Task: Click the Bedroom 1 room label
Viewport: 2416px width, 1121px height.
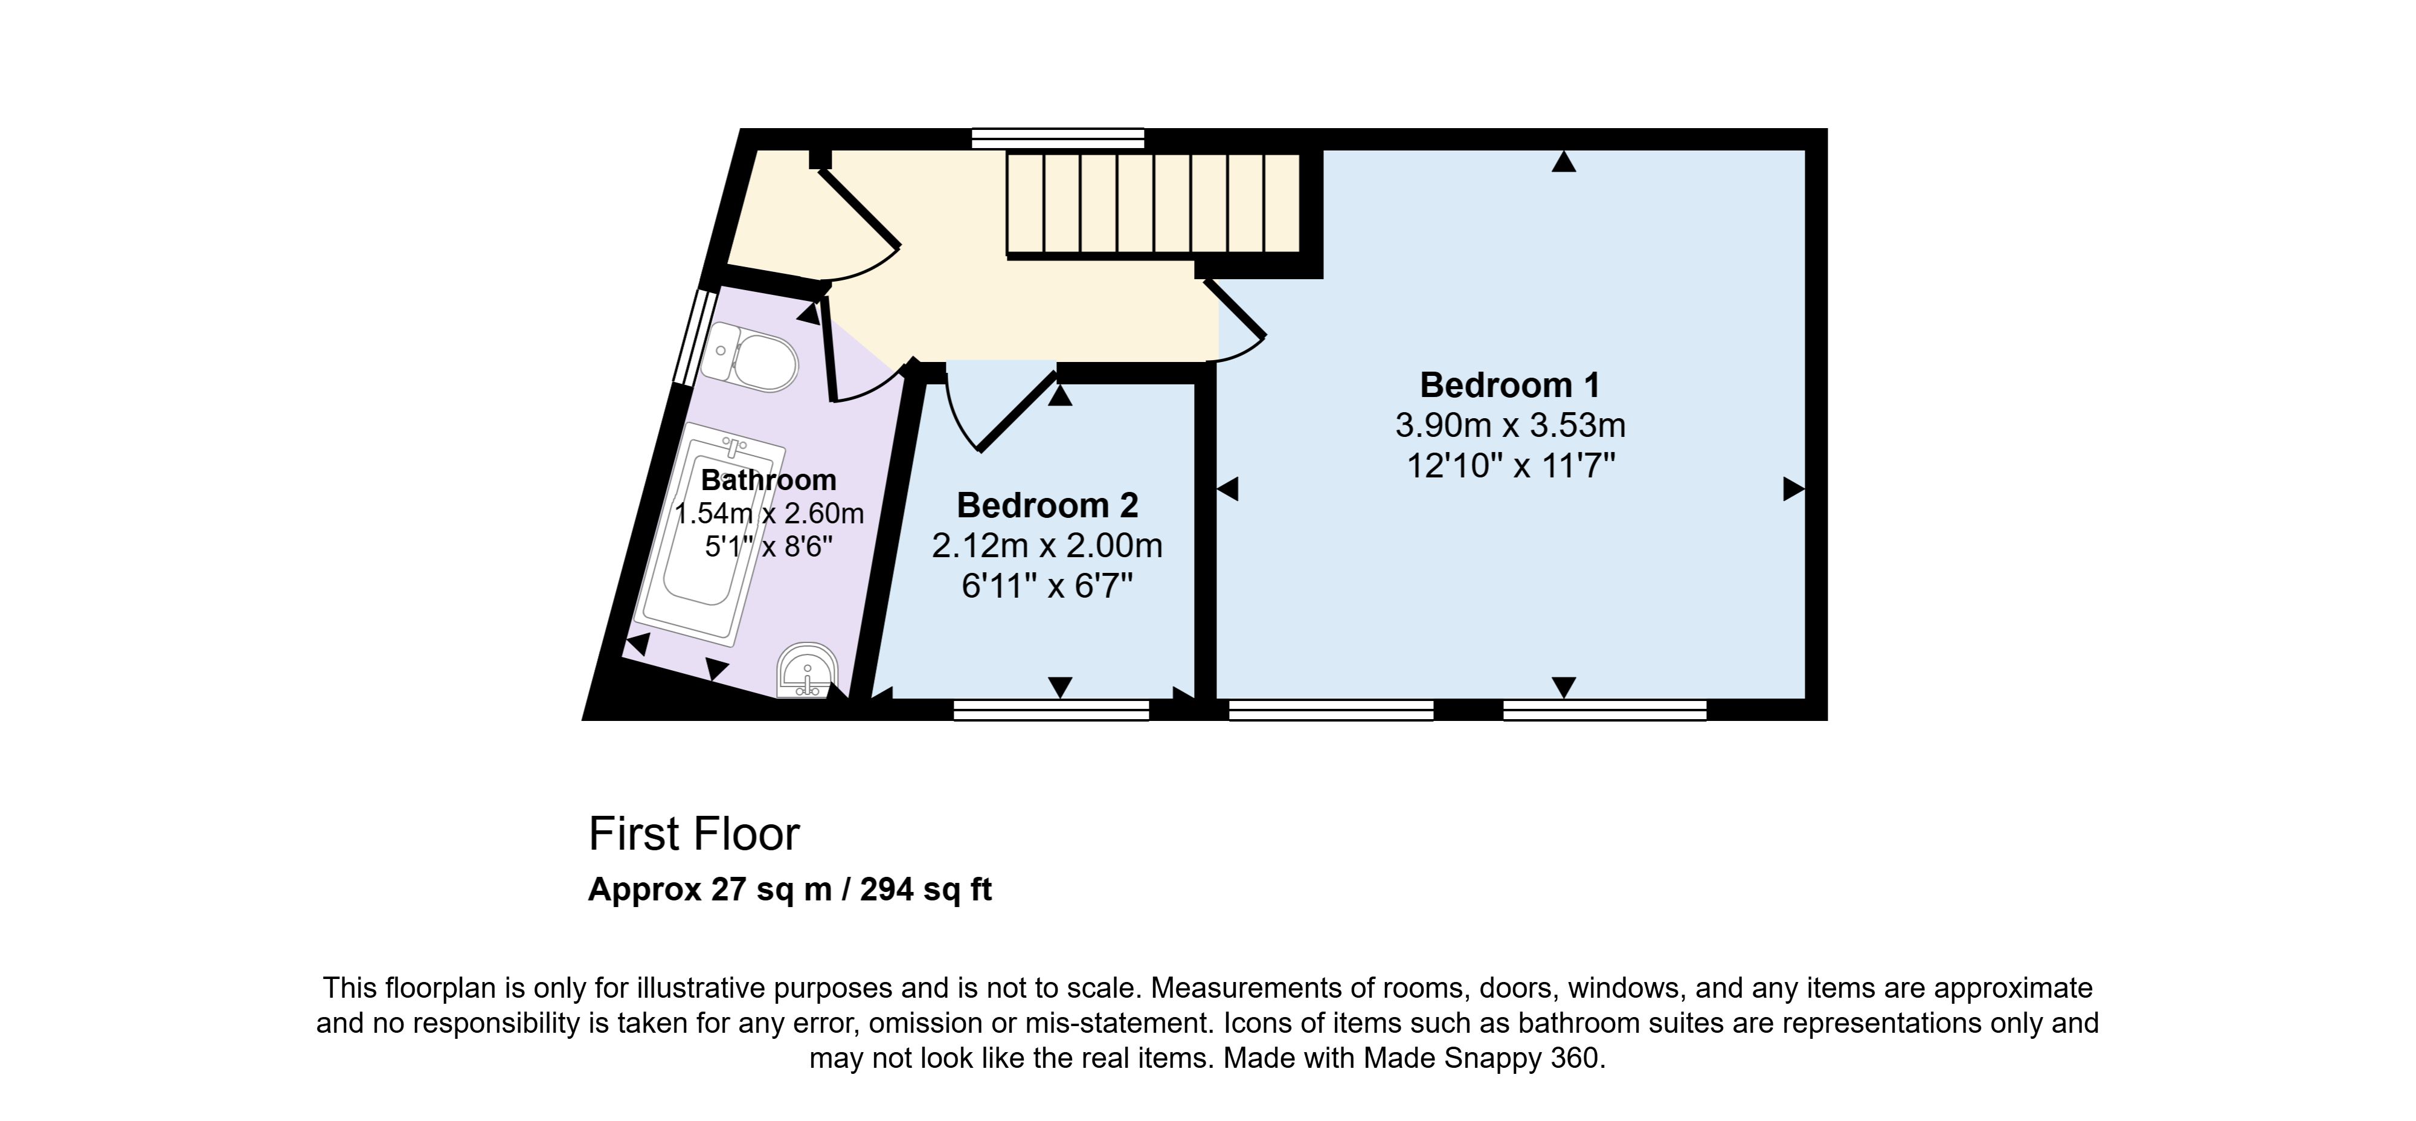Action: point(1510,384)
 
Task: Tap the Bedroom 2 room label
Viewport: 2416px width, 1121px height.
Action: point(1047,506)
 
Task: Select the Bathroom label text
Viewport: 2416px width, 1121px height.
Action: point(768,480)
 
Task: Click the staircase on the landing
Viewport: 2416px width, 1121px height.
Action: point(1154,204)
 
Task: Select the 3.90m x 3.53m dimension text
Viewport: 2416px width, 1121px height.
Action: point(1510,426)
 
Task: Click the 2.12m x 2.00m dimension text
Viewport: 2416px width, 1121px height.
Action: point(1047,546)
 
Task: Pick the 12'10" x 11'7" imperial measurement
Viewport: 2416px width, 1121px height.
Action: point(1510,466)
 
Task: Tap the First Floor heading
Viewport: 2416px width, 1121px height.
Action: point(694,834)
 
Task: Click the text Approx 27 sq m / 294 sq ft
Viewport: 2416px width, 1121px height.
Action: point(789,890)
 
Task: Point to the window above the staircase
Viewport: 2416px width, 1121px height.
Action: point(1058,139)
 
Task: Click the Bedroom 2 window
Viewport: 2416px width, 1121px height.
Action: point(1052,710)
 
